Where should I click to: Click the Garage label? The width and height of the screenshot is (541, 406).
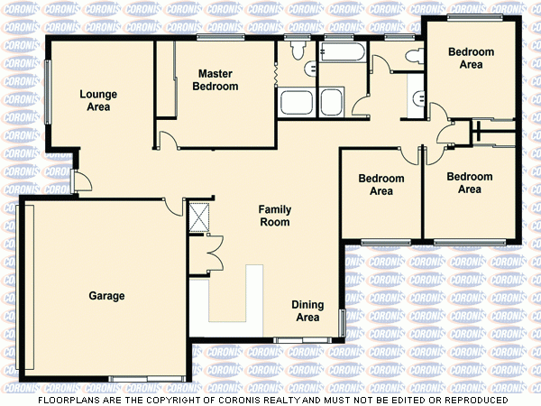tap(106, 296)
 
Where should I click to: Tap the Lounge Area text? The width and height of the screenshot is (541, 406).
tap(95, 100)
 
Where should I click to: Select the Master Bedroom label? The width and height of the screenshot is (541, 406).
tap(215, 80)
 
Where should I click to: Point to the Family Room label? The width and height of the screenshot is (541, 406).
tap(275, 215)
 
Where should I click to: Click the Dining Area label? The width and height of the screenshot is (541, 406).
tap(307, 311)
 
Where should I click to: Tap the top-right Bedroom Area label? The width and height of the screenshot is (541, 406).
tap(471, 59)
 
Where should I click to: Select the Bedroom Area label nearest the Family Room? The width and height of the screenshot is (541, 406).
tap(381, 185)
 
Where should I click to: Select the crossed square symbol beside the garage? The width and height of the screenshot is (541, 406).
tap(197, 217)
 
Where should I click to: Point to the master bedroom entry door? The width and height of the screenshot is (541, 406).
tap(167, 140)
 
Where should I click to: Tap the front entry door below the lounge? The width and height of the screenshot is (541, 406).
tap(80, 180)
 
